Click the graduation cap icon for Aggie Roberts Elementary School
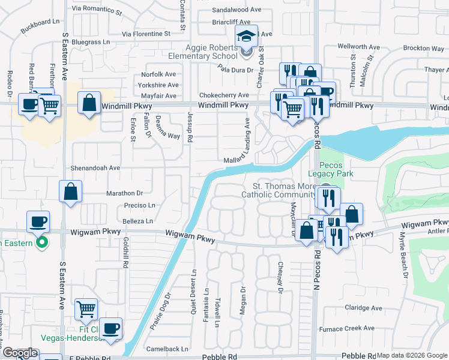(246, 37)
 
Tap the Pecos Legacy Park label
(336, 169)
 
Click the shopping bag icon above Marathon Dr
(71, 192)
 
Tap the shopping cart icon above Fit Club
(86, 310)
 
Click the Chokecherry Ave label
(224, 95)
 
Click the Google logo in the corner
(20, 353)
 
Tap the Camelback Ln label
(167, 349)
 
